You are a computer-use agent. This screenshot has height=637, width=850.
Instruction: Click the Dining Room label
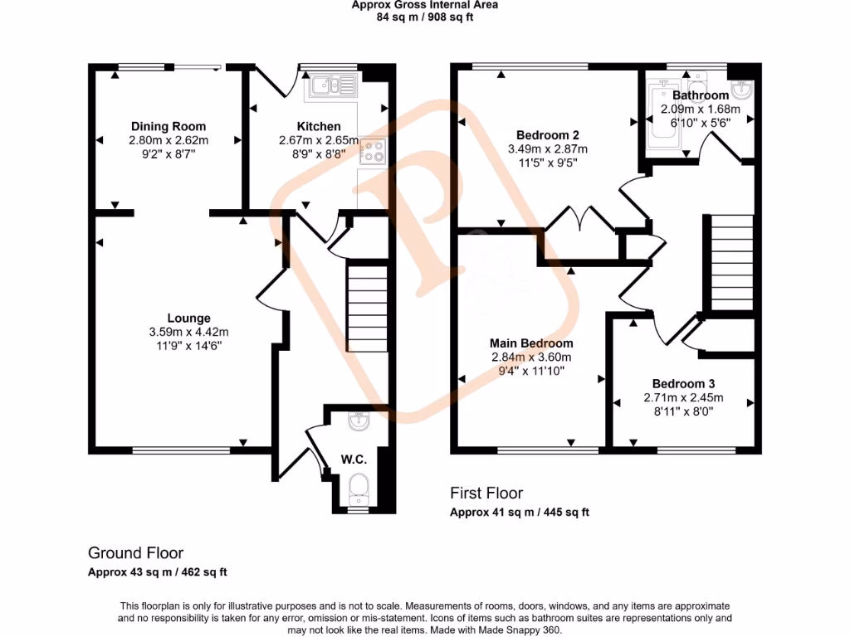click(x=168, y=126)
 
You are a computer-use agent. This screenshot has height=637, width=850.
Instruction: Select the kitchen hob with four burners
click(x=374, y=151)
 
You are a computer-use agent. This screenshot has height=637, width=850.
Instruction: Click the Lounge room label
click(x=188, y=318)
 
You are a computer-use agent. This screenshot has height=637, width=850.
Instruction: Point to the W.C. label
click(x=354, y=459)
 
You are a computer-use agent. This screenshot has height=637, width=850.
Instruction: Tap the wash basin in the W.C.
click(x=359, y=421)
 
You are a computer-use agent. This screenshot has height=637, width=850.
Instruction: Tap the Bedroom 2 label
click(x=547, y=134)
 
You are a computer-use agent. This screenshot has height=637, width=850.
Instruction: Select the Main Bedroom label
click(x=531, y=343)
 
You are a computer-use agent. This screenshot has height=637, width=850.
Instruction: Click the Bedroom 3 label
click(x=683, y=383)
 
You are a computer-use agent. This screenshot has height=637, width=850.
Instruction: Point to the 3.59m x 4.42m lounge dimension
click(x=188, y=333)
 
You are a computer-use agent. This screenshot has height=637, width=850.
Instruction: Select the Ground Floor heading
click(x=135, y=553)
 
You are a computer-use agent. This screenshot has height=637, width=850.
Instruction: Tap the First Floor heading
click(x=486, y=494)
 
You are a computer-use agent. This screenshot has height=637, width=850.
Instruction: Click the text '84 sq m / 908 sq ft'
click(x=424, y=17)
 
